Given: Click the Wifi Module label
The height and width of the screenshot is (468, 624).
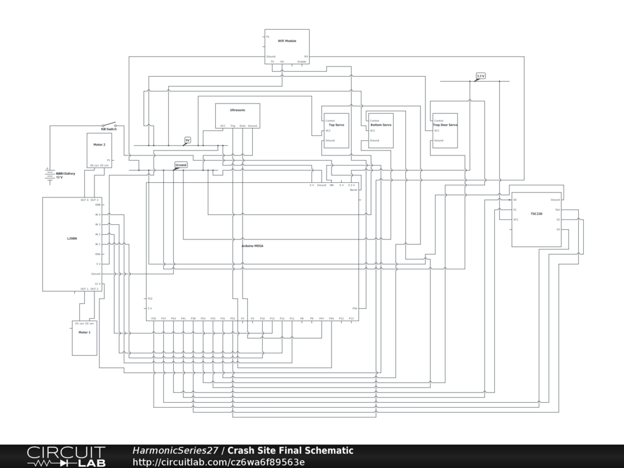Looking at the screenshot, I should pyautogui.click(x=287, y=41).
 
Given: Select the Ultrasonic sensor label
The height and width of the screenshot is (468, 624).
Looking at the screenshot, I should pyautogui.click(x=238, y=110).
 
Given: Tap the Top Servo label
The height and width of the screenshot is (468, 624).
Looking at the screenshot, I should pyautogui.click(x=336, y=125).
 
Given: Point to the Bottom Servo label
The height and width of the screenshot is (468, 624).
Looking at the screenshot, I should pyautogui.click(x=381, y=125).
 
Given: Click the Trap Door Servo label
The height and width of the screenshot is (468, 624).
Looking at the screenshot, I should pyautogui.click(x=445, y=125).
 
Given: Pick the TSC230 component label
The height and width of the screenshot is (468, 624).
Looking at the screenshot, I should pyautogui.click(x=536, y=214).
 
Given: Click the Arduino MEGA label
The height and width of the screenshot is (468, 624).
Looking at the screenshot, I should pyautogui.click(x=252, y=246).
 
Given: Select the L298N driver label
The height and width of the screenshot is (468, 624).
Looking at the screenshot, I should pyautogui.click(x=72, y=239).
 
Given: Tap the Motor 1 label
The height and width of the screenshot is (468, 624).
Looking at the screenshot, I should pyautogui.click(x=84, y=332).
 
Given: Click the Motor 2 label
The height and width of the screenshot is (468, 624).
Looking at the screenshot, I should pyautogui.click(x=99, y=144).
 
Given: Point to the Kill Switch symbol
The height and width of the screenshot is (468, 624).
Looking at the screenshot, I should pyautogui.click(x=109, y=126).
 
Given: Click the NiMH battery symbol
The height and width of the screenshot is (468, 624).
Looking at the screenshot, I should pyautogui.click(x=48, y=175).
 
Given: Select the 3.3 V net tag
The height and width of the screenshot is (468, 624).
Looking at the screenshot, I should pyautogui.click(x=481, y=76).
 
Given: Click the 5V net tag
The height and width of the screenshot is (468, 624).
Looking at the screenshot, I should pyautogui.click(x=188, y=140).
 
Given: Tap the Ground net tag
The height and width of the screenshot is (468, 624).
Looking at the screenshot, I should pyautogui.click(x=181, y=165).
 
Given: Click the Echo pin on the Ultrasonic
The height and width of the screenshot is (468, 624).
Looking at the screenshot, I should pyautogui.click(x=243, y=126).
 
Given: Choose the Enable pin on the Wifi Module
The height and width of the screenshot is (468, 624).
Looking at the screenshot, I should pyautogui.click(x=302, y=62).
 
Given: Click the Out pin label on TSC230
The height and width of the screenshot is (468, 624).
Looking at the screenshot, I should pyautogui.click(x=557, y=210).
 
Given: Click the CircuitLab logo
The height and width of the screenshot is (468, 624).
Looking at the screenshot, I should pyautogui.click(x=66, y=456).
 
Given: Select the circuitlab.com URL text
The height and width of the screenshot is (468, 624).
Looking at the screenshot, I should pyautogui.click(x=218, y=462).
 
